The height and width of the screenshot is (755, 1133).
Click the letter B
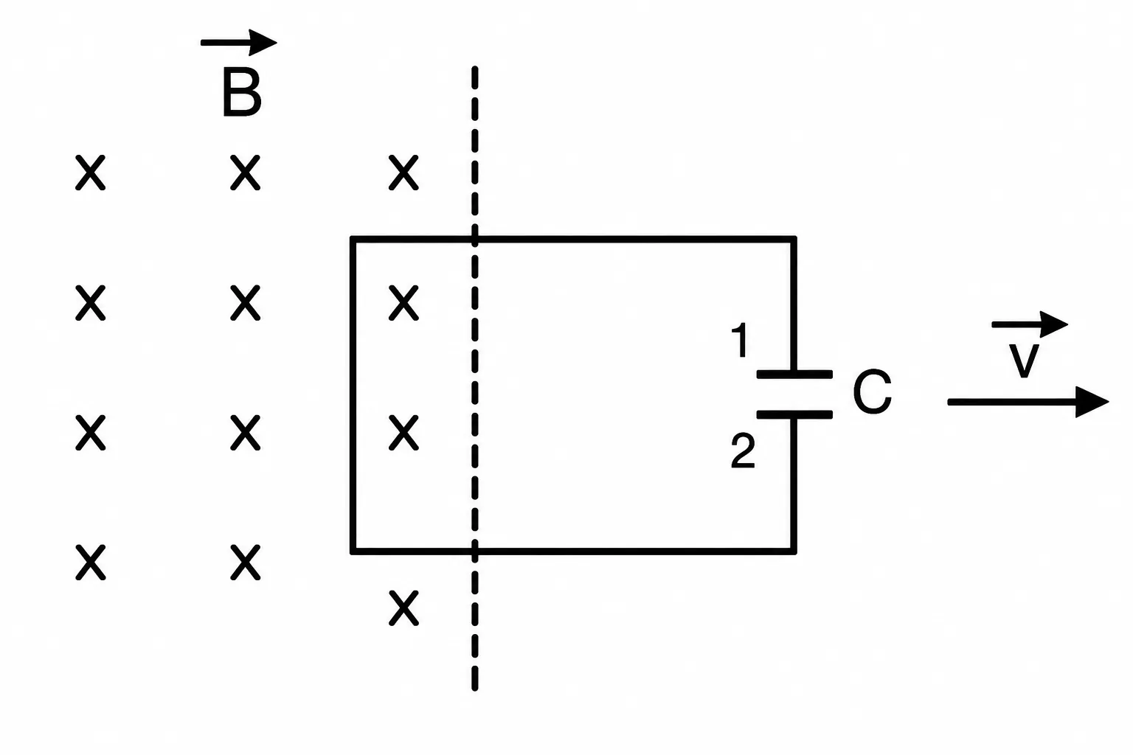click(x=242, y=94)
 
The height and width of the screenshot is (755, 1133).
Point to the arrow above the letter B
click(x=239, y=43)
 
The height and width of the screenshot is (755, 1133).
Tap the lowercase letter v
click(x=1024, y=361)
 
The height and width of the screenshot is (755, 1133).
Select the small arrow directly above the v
click(x=1030, y=324)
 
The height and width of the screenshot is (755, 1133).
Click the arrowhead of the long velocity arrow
click(x=1092, y=402)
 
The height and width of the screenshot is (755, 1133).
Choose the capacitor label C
click(x=872, y=392)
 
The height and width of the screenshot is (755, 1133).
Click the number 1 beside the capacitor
click(x=741, y=341)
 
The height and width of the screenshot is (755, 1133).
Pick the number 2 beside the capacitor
click(x=743, y=451)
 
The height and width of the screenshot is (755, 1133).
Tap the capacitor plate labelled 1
click(x=794, y=375)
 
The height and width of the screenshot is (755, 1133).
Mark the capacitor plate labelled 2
click(x=794, y=414)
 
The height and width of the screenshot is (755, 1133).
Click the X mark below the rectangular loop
click(x=403, y=608)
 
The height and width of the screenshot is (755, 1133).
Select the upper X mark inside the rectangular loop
click(x=403, y=303)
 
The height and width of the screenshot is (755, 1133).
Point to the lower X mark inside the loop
click(x=403, y=432)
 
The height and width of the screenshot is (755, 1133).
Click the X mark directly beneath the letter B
click(x=246, y=173)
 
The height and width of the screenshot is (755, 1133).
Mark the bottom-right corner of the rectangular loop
click(x=794, y=552)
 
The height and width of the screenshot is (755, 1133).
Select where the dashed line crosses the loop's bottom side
click(x=474, y=552)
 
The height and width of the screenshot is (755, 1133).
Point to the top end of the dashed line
click(x=474, y=67)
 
